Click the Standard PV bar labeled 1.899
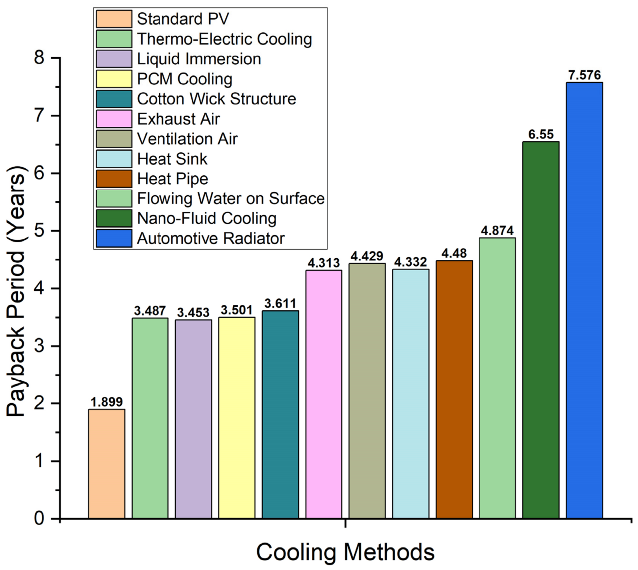(107, 464)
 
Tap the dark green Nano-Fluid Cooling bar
(541, 330)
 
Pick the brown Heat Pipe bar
(454, 389)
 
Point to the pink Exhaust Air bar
(323, 394)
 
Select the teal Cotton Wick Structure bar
(280, 414)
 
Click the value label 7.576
(584, 75)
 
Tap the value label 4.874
(497, 231)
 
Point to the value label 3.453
(193, 313)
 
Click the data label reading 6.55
(541, 134)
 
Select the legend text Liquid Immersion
(199, 59)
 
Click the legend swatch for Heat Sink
(114, 159)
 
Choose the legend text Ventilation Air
(187, 139)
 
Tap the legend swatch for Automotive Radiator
(114, 238)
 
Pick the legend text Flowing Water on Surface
(231, 198)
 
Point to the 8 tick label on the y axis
(40, 58)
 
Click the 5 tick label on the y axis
(40, 231)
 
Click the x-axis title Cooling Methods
(345, 552)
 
